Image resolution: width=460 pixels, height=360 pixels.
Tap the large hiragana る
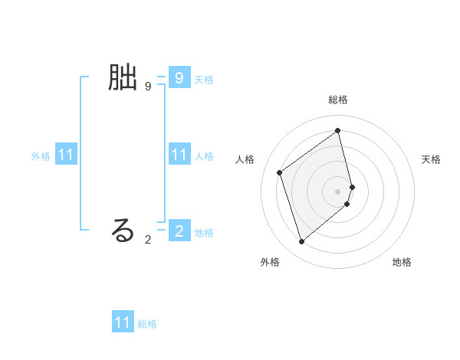coord(123,230)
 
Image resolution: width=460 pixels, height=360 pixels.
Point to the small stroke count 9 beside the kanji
coord(147,87)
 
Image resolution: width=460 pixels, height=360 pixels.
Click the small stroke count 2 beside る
coord(147,240)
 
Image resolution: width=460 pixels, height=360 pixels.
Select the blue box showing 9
coord(179,77)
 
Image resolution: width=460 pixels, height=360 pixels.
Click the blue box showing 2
coord(179,230)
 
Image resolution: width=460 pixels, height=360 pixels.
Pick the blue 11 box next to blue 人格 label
coord(179,155)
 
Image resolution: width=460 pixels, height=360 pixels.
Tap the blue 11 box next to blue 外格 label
coord(66,155)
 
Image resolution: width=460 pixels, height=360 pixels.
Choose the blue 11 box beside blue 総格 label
coord(123,322)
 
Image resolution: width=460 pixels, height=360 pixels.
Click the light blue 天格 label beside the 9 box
coord(204,79)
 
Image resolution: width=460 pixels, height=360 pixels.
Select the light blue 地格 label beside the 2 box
coord(204,232)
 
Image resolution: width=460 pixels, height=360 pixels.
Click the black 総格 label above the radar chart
coord(338,100)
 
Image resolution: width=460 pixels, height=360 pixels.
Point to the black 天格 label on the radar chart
coord(431,159)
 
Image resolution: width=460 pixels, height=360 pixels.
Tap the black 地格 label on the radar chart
coord(402,262)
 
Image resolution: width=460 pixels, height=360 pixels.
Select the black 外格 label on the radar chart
coord(270,262)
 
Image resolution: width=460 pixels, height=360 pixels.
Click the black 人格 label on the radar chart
coord(245,159)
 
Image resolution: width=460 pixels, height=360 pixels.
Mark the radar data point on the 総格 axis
coord(338,130)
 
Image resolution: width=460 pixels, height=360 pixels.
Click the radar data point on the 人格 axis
coord(280,172)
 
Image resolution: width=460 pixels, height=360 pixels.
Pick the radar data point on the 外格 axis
coord(302,242)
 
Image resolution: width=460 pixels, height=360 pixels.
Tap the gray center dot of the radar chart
coord(338,191)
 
